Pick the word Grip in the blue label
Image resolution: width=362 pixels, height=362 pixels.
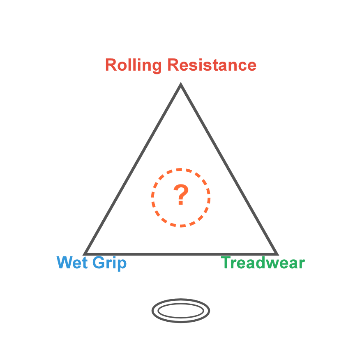coord(109,263)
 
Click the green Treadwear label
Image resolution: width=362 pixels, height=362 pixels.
coord(263,263)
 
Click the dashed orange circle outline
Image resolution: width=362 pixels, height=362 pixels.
coord(181,169)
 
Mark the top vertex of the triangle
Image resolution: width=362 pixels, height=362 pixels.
coord(180,85)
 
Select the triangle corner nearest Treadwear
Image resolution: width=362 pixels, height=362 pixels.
coord(276,254)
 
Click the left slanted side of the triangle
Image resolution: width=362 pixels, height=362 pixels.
coord(132,169)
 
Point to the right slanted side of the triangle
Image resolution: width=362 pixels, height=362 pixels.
coord(228,169)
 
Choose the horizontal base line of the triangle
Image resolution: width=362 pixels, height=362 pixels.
coord(181,254)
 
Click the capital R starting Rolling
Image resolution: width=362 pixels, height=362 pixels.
coord(110,65)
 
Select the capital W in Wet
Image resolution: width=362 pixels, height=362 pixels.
coord(65,263)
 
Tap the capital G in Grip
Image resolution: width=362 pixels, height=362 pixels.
coord(99,263)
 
